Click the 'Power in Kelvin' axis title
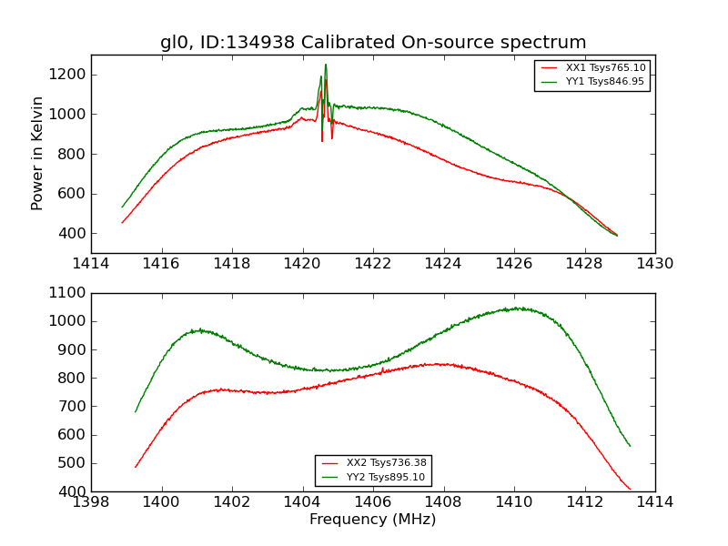tap(37, 153)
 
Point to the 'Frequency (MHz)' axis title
tap(373, 520)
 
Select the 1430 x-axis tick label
tap(654, 264)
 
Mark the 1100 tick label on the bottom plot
tap(66, 293)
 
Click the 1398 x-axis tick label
tap(91, 502)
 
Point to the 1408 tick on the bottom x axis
tap(443, 502)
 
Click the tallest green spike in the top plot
tap(326, 65)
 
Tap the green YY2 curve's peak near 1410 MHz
tap(518, 308)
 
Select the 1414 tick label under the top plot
tap(91, 264)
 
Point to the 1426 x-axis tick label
tap(513, 264)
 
